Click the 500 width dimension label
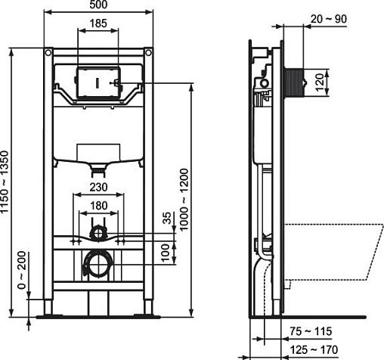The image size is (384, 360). click(98, 5)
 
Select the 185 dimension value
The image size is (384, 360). click(98, 23)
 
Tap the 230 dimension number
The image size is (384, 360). click(98, 188)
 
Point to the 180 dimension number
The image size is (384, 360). click(98, 206)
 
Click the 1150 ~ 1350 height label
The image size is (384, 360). click(5, 182)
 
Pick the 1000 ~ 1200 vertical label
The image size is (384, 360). click(184, 200)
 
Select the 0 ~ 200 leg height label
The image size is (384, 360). click(22, 270)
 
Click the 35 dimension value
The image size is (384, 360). click(167, 218)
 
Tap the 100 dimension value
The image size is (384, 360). click(166, 253)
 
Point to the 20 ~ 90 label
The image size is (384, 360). click(329, 19)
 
